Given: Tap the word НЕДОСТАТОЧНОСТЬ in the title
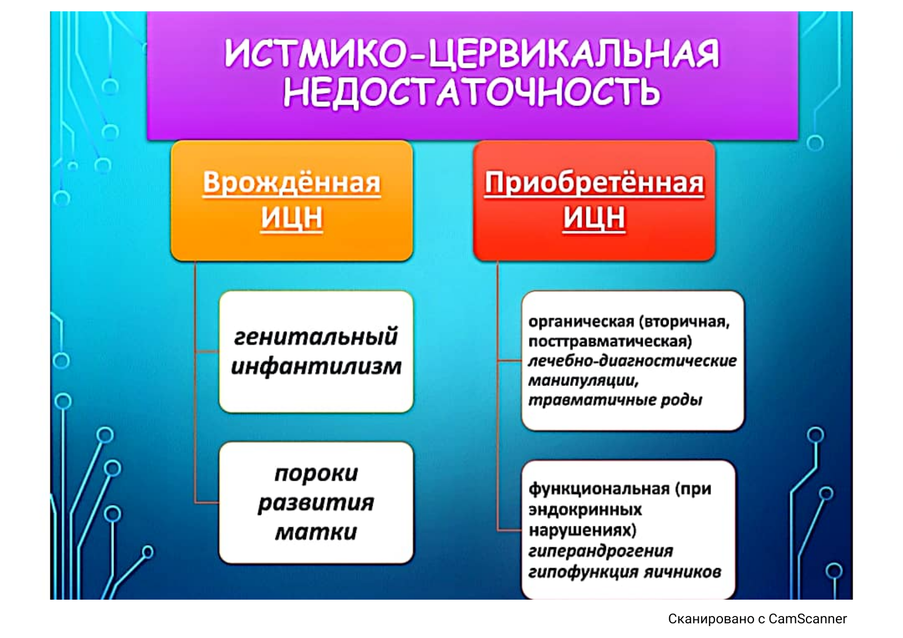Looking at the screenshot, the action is click(472, 92).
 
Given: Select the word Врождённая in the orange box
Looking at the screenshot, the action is click(291, 183).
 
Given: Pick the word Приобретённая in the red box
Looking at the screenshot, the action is click(594, 183).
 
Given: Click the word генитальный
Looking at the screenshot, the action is click(315, 336).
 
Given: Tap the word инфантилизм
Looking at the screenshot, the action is click(316, 366).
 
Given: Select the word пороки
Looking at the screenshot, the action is click(316, 473).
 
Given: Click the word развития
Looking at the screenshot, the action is click(316, 503).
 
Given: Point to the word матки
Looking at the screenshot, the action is click(316, 532).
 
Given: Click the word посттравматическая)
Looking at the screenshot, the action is click(610, 342).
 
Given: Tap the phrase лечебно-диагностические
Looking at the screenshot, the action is click(632, 361).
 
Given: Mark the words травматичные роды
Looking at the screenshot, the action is click(615, 400).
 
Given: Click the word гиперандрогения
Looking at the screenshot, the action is click(600, 551).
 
